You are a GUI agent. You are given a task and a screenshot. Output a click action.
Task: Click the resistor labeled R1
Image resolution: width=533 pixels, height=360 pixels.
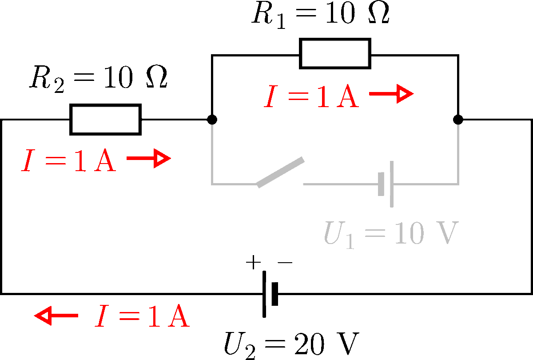point(335,54)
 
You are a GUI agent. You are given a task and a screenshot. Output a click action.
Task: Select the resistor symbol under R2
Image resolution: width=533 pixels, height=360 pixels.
point(105,119)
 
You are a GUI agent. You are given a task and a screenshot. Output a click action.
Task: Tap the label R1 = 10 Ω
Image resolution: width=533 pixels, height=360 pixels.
point(320,14)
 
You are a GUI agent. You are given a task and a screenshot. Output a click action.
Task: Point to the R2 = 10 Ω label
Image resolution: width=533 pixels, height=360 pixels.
point(98,80)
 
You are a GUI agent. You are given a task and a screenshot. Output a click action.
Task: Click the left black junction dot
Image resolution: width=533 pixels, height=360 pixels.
point(212,120)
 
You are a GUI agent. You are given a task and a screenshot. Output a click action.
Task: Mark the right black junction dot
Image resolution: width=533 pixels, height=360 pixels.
point(458,120)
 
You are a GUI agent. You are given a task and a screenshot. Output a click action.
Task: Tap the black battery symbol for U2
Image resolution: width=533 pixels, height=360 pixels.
point(270,294)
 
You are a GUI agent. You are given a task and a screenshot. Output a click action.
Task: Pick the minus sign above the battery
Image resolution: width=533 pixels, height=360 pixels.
point(285,263)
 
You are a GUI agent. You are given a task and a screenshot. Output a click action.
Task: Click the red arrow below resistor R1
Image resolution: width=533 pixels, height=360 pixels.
point(391,94)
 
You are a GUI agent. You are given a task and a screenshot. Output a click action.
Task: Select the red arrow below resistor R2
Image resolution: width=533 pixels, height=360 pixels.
point(148,159)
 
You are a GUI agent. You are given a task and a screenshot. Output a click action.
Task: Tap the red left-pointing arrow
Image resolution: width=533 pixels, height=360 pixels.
point(56,316)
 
